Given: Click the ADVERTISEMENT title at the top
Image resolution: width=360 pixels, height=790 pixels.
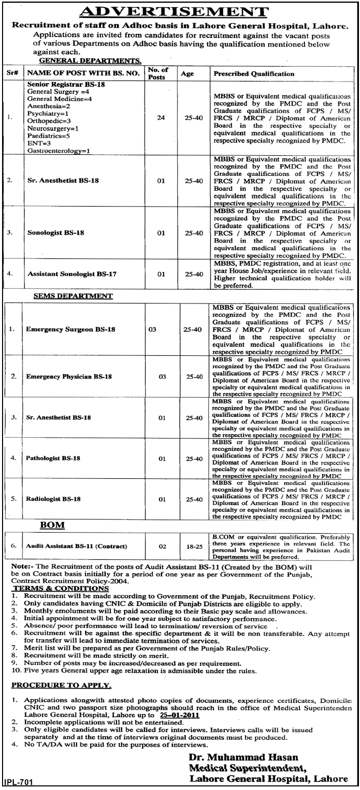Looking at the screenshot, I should click(x=180, y=11).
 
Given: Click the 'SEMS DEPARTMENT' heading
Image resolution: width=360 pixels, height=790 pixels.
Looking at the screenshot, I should click(x=73, y=296).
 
